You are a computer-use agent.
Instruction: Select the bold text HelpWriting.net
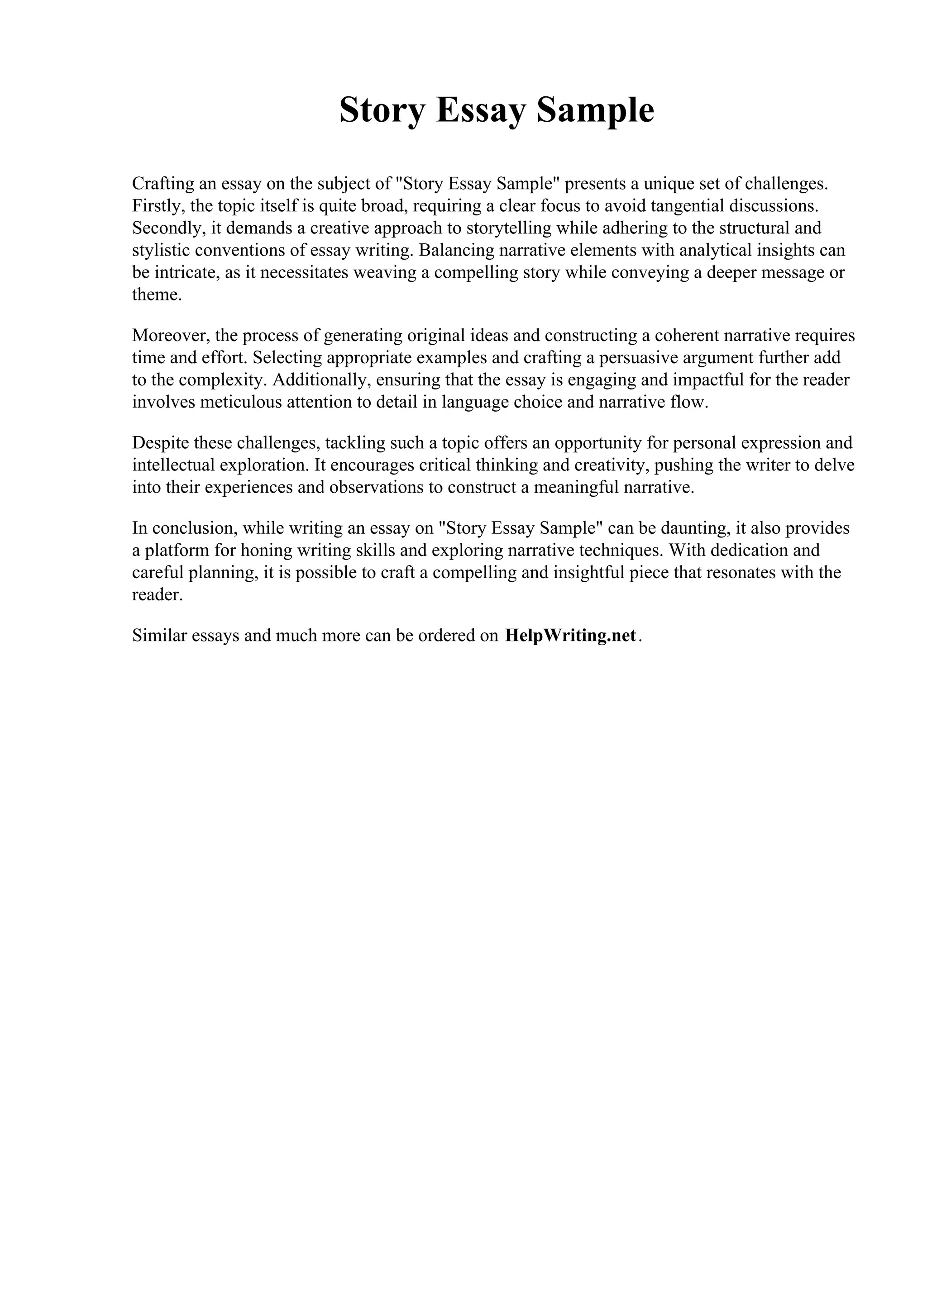[x=570, y=636]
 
